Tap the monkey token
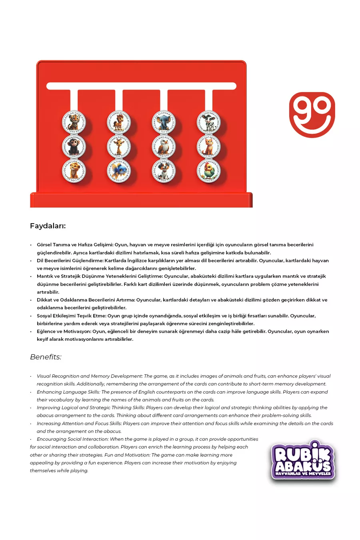74,146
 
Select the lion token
74,170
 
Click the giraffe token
119,146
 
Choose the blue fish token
119,170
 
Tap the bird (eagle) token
164,146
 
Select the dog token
164,170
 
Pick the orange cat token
208,146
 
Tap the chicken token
208,170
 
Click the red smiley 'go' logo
312,115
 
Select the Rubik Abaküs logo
303,461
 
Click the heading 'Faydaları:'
48,226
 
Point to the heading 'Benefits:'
46,357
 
